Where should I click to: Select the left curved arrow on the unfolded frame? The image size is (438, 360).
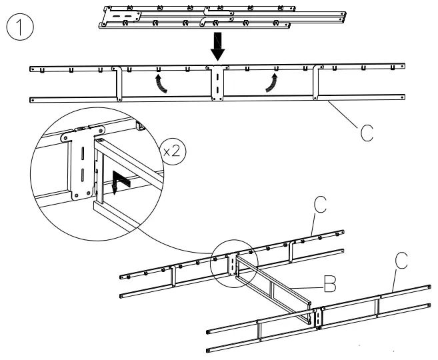point(161,84)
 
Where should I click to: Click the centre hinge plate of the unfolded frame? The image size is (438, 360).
point(217,83)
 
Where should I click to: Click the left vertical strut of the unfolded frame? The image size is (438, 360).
point(119,83)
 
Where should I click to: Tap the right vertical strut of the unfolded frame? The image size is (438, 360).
point(316,83)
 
